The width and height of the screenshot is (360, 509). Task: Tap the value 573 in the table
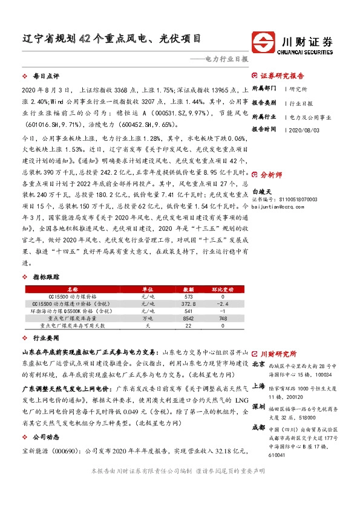tap(189, 296)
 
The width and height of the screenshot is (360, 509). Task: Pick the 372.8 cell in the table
tap(189, 303)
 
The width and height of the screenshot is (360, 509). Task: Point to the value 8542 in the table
tap(189, 318)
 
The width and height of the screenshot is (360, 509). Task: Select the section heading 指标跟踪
tap(45, 277)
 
